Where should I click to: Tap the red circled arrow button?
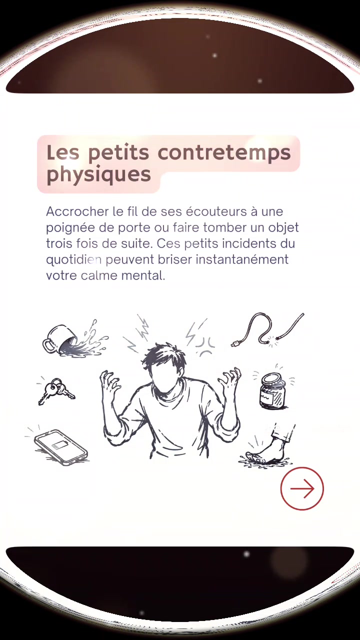click(x=302, y=488)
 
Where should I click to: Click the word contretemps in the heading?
click(x=224, y=153)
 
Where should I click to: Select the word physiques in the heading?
click(x=98, y=174)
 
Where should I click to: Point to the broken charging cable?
click(x=267, y=330)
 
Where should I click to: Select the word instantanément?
click(x=242, y=259)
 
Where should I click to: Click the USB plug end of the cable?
click(x=235, y=344)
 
